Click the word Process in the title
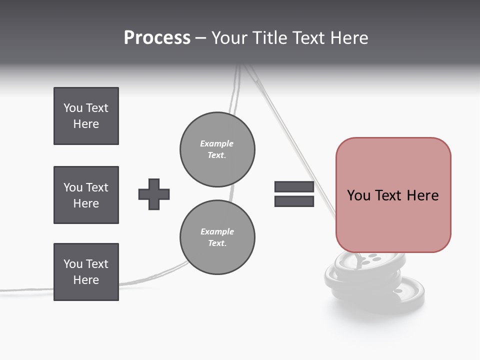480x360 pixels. click(x=157, y=38)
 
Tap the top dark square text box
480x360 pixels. click(x=86, y=116)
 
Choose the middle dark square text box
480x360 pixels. click(x=86, y=195)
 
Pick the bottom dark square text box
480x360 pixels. click(x=86, y=272)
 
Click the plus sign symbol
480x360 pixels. click(x=154, y=194)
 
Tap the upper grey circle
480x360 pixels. click(x=217, y=149)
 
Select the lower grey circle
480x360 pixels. click(x=217, y=237)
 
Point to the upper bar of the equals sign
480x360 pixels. click(x=294, y=187)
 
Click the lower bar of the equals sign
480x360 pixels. click(x=294, y=201)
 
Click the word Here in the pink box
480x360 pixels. click(x=422, y=195)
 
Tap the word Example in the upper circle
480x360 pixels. click(x=216, y=143)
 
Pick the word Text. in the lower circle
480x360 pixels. click(x=217, y=243)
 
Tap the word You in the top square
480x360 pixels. click(x=73, y=108)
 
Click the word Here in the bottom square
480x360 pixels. click(x=86, y=280)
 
